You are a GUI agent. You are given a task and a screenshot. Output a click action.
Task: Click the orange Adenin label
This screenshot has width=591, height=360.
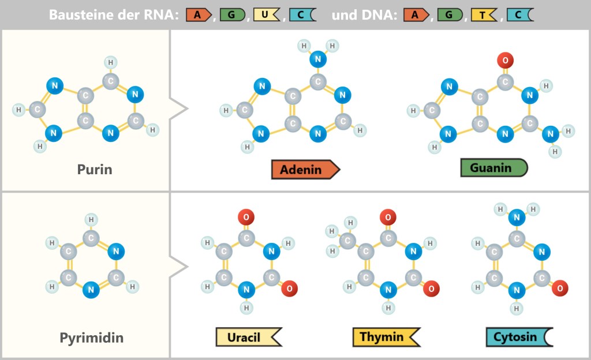coord(305,170)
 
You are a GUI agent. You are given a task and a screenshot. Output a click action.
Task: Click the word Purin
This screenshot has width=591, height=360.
coord(95,170)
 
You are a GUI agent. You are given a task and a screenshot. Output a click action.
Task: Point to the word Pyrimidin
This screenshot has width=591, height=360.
coord(92,337)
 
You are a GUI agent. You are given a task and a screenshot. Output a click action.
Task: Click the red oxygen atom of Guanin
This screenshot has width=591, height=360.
coord(505,59)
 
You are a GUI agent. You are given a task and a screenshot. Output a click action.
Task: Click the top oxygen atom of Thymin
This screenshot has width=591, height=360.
coord(388,217)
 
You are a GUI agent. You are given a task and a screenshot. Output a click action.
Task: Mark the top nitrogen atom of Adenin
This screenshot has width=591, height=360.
coord(318,59)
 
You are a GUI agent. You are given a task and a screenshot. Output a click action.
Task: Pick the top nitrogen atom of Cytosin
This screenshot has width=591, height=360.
coord(517,217)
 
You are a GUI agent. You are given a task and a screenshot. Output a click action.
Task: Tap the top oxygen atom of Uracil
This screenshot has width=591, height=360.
coord(246,217)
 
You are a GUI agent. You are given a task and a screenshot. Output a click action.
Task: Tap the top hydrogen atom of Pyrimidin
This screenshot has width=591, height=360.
coord(91,219)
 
